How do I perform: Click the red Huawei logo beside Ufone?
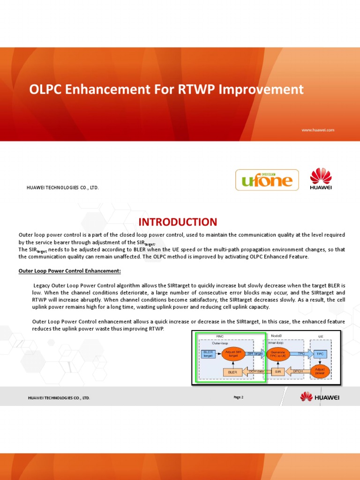[x=321, y=180]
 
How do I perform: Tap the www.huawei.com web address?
[x=317, y=130]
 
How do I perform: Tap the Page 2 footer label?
[x=238, y=397]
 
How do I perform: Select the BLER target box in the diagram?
[x=208, y=354]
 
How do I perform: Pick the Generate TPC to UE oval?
[x=278, y=354]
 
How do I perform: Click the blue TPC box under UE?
[x=320, y=354]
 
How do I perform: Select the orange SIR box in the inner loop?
[x=277, y=372]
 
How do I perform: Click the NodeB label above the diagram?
[x=277, y=336]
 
